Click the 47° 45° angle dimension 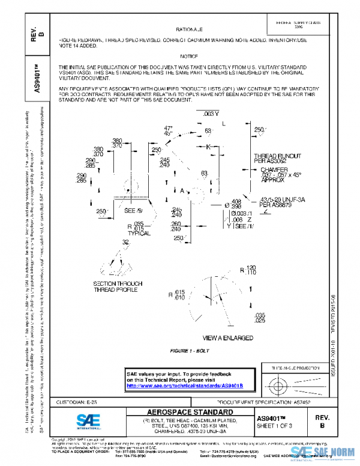[168, 131]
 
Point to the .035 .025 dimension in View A [260, 318]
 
